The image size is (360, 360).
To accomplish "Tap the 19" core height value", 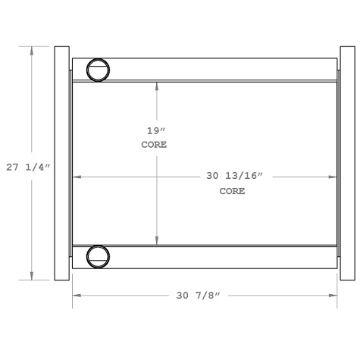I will click(155, 130).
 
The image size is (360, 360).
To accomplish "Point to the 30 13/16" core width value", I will click(233, 177).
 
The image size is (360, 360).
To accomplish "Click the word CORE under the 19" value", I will click(155, 144).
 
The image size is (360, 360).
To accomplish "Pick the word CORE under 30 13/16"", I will click(232, 191).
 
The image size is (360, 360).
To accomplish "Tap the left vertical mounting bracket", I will click(62, 163).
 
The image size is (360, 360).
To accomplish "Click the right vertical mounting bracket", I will click(346, 163).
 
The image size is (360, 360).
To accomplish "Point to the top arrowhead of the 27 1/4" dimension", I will click(32, 50).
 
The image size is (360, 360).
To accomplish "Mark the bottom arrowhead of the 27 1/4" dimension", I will click(32, 276).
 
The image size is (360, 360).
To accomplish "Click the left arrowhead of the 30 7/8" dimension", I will click(76, 294).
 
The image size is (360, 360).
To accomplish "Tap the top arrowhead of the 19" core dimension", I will click(157, 85).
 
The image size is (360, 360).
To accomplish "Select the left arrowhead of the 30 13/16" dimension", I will click(76, 177).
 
